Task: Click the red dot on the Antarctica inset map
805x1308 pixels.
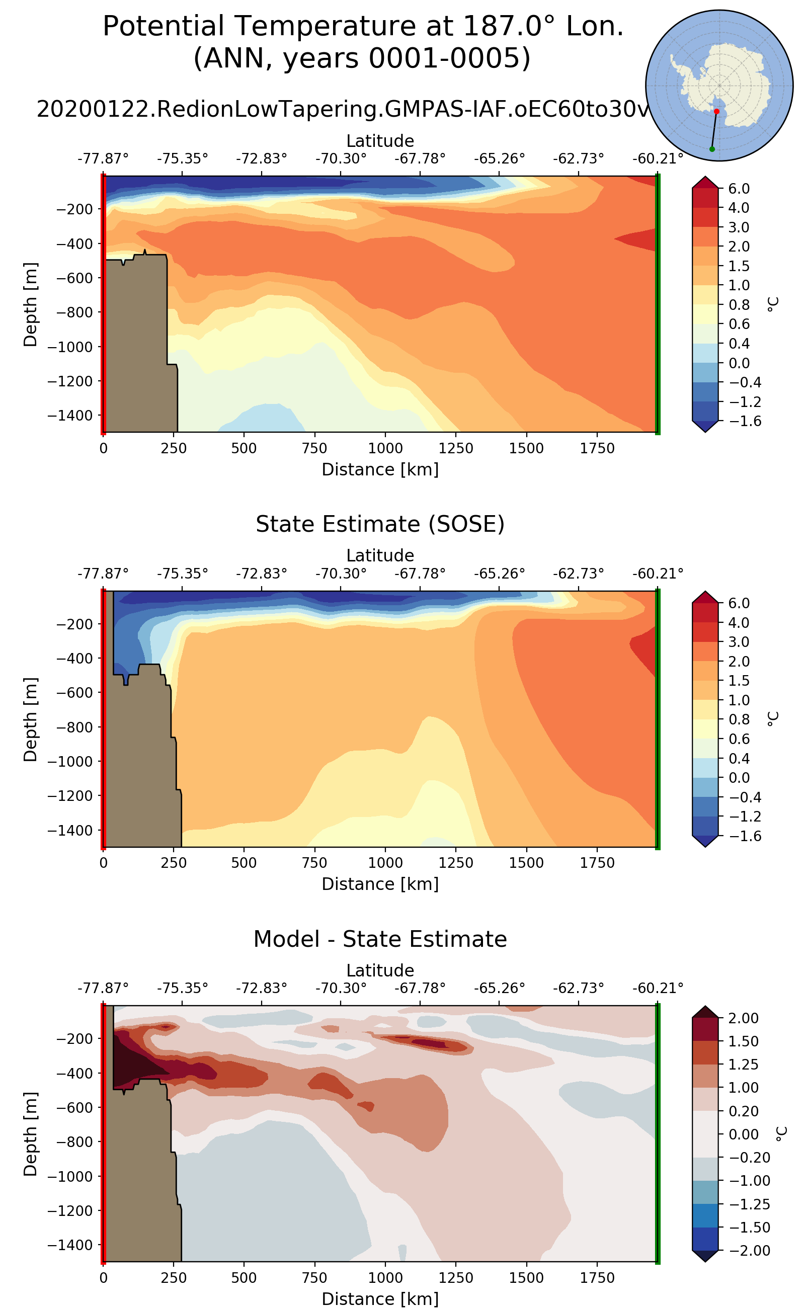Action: tap(716, 111)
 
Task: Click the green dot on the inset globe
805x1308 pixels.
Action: tap(712, 149)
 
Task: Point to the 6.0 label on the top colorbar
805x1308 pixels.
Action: tap(739, 189)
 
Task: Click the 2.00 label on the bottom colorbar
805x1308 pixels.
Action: tap(743, 1018)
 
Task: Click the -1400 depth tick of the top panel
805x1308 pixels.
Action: tap(70, 415)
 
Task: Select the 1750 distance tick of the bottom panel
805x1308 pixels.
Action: tap(597, 1278)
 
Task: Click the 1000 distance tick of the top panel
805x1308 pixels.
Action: tap(385, 448)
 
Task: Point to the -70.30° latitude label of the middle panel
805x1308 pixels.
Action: tap(341, 574)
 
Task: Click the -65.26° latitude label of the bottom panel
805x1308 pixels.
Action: tap(499, 988)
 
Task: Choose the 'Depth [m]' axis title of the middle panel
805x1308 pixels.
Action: tap(30, 719)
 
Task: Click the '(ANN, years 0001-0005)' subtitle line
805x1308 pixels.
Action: tap(362, 58)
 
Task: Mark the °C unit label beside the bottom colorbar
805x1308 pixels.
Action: tap(780, 1134)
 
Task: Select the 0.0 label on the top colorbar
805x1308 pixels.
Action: tap(739, 363)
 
